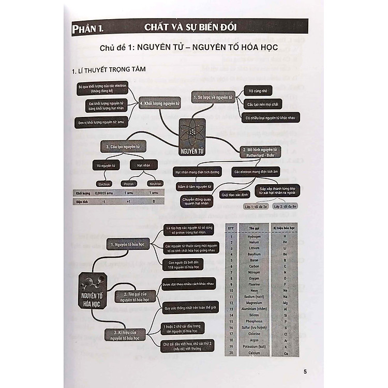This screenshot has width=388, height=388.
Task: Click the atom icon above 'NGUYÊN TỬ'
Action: point(191,132)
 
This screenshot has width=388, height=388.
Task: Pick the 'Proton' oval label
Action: point(129,184)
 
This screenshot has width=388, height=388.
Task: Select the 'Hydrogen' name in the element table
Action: point(254,236)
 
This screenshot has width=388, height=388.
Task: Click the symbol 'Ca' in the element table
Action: point(300,352)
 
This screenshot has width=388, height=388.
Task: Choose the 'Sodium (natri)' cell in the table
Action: point(254,297)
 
